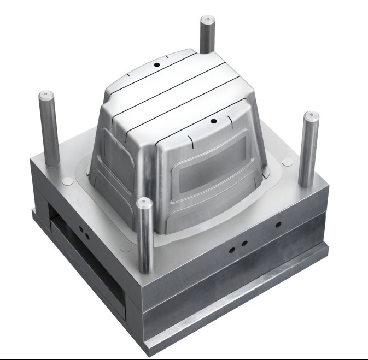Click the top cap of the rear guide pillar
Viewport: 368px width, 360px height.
[207, 20]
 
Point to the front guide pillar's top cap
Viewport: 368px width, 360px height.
[144, 203]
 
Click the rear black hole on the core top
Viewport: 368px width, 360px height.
[156, 64]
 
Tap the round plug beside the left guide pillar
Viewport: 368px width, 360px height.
[67, 181]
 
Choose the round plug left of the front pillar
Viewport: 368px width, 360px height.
[126, 247]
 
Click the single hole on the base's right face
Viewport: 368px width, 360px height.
[278, 225]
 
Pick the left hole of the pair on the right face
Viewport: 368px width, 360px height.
[232, 249]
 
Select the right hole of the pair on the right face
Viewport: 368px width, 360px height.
[244, 243]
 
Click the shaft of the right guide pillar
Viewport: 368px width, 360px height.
[307, 153]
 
